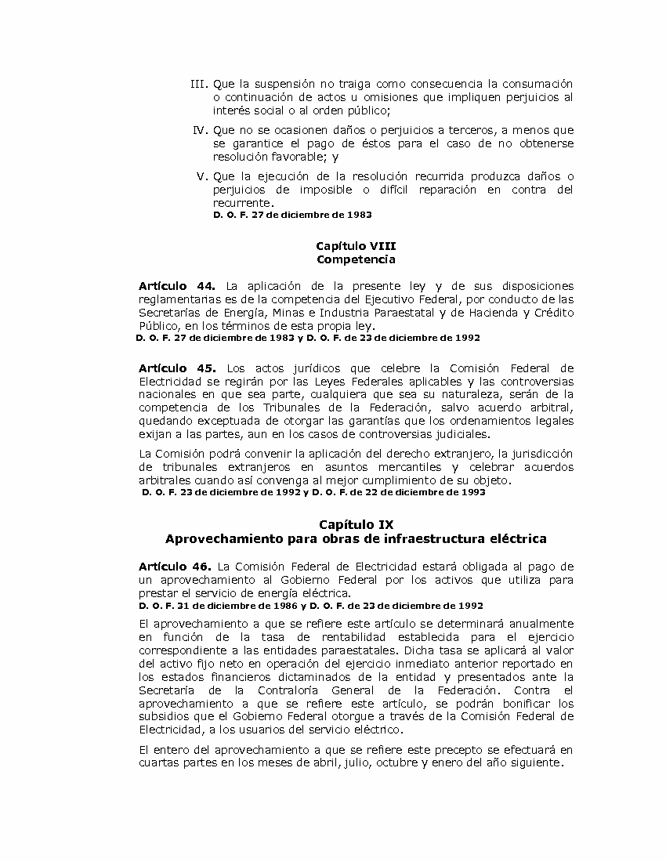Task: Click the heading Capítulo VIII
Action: (356, 246)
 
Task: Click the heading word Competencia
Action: (356, 259)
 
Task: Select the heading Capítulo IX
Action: (356, 524)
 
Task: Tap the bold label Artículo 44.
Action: (176, 286)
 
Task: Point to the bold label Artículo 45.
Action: (176, 368)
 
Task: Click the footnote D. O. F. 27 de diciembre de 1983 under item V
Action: (292, 215)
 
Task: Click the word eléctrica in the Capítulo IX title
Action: (518, 539)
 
